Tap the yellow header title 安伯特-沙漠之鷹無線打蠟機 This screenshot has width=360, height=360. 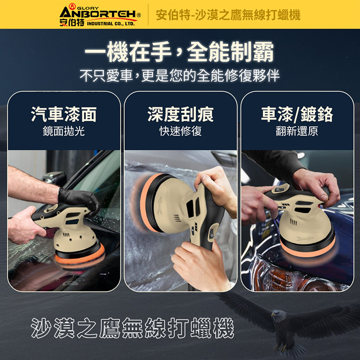coord(228,15)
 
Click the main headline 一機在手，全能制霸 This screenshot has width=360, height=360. coord(180,52)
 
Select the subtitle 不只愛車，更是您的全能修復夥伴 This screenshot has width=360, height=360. coord(180,75)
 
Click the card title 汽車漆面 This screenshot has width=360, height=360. coord(64,114)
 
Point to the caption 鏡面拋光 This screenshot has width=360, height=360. coord(64,131)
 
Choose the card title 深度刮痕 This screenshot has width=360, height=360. coord(180,114)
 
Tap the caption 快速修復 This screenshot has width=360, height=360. coord(180,131)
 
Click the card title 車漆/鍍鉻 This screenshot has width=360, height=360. coord(297,114)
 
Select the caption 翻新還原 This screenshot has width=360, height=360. coord(297,131)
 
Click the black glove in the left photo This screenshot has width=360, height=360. coord(79,199)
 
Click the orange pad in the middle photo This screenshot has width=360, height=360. coord(144,203)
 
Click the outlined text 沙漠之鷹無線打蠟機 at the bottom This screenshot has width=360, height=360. coord(132,328)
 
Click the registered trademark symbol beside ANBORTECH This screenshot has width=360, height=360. coord(139,15)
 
